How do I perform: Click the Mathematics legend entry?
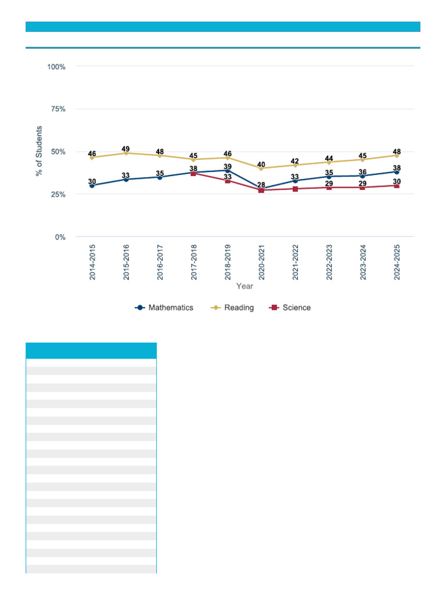tap(164, 307)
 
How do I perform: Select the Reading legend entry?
tap(232, 307)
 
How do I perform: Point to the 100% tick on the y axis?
tap(56, 67)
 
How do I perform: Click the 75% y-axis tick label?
tap(57, 109)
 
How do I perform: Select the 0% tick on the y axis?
tap(60, 237)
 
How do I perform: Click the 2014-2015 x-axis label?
tap(92, 263)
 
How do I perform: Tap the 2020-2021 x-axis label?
tap(261, 263)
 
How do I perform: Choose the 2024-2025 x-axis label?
tap(397, 263)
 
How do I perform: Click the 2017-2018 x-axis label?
tap(194, 263)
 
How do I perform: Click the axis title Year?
tap(244, 286)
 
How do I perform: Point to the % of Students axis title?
tap(39, 151)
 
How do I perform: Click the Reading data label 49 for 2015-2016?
tap(126, 149)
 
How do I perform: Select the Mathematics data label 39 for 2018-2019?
tap(228, 167)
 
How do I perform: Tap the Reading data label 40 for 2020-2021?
tap(261, 165)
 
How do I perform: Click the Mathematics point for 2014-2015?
tap(92, 186)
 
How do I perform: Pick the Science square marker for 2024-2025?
tap(397, 186)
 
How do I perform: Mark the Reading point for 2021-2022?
tap(295, 165)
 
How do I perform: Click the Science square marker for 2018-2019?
tap(228, 181)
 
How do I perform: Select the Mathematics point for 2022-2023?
tap(329, 177)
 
